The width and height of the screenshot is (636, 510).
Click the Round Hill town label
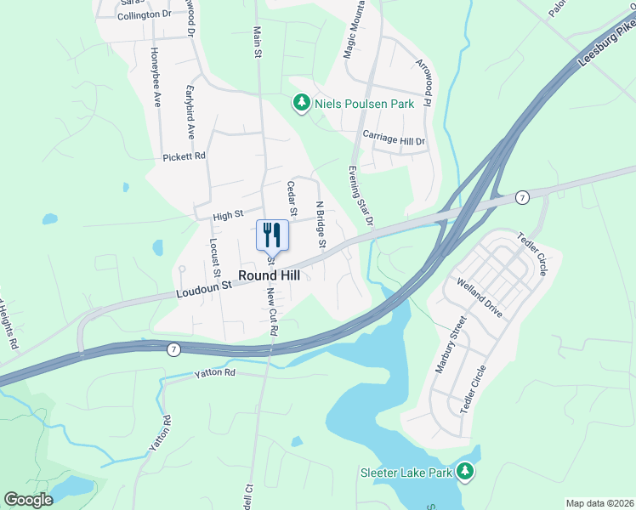(x=270, y=275)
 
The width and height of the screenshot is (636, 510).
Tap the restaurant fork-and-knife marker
(x=272, y=235)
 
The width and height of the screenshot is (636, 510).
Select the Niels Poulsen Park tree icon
(x=301, y=104)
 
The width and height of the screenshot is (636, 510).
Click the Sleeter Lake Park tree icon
(x=464, y=471)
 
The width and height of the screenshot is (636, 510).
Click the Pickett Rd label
(x=185, y=157)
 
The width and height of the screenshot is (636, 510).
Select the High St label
(x=228, y=216)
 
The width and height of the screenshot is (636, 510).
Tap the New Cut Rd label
(x=272, y=313)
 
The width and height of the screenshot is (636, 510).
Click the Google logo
(x=28, y=500)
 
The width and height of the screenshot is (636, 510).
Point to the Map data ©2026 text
(x=599, y=503)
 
